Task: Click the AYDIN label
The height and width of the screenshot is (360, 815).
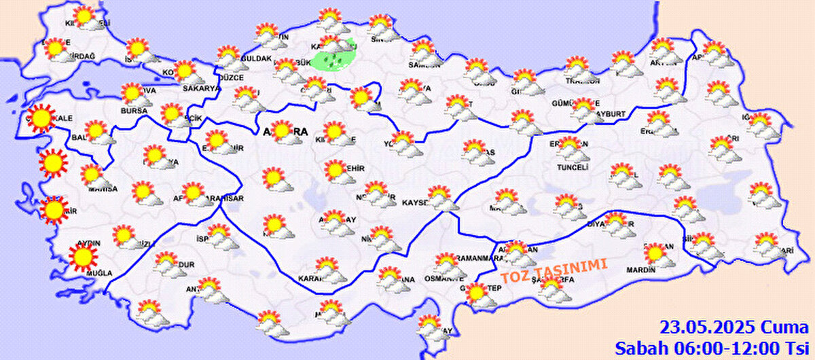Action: (x=90, y=242)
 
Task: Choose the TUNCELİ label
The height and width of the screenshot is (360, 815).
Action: (x=572, y=167)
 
